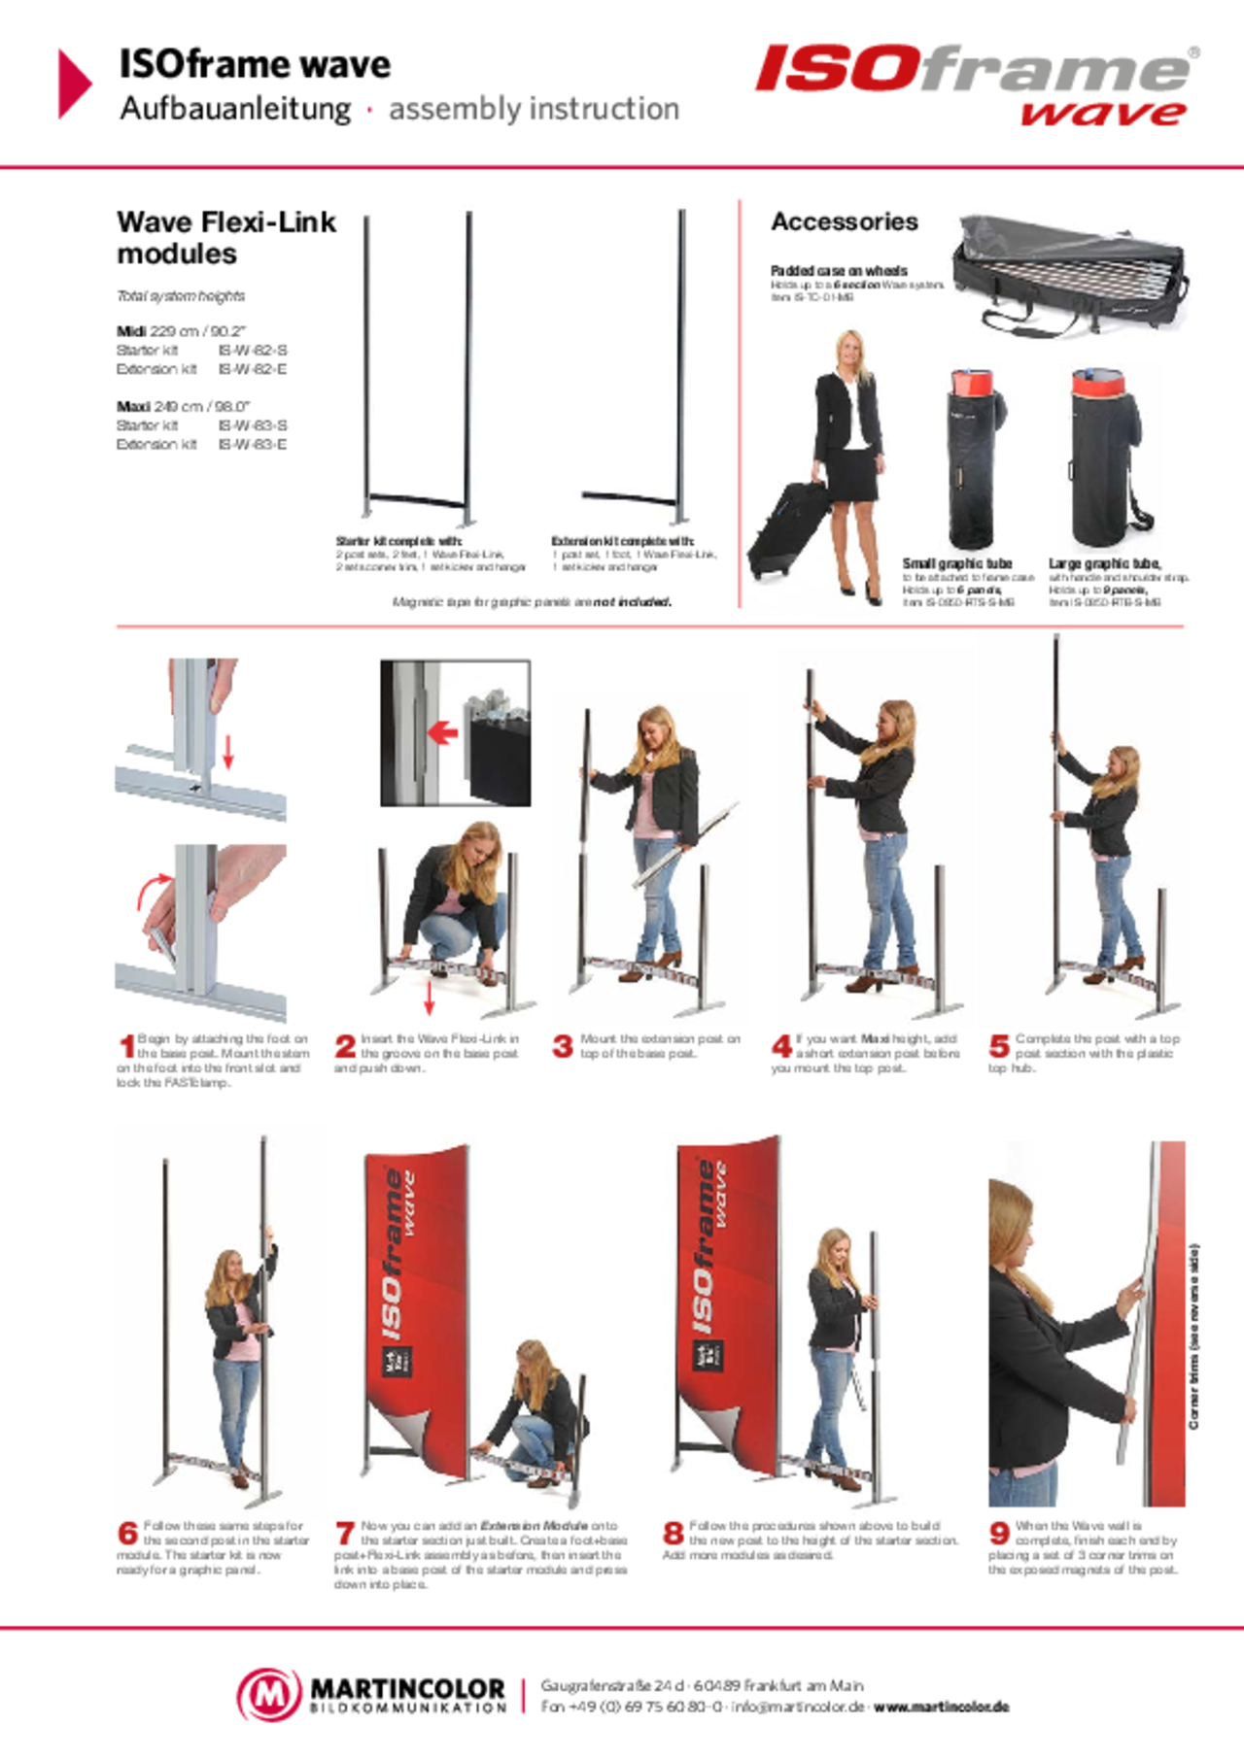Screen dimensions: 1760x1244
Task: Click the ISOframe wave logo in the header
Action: (x=977, y=83)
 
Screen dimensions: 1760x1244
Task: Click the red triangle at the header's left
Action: (x=74, y=84)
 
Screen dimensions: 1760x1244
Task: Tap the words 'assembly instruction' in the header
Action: (x=534, y=110)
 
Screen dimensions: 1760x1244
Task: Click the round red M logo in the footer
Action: (x=269, y=1694)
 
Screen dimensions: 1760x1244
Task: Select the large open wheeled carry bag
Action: (x=1071, y=276)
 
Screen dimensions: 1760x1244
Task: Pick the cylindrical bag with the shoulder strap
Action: (x=1110, y=459)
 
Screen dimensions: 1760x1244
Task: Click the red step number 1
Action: (x=125, y=1046)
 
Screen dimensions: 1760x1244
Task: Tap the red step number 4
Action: (x=780, y=1046)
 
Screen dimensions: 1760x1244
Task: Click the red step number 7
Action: (x=344, y=1534)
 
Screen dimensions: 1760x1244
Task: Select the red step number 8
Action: (x=673, y=1533)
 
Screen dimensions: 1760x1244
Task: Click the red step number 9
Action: (x=998, y=1533)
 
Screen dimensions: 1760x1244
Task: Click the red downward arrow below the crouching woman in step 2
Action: (x=429, y=1003)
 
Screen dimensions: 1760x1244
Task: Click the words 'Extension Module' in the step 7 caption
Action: (x=534, y=1526)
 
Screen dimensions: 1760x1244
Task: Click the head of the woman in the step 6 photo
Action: (x=228, y=1266)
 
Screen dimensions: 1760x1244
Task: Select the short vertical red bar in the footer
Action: (x=522, y=1696)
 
